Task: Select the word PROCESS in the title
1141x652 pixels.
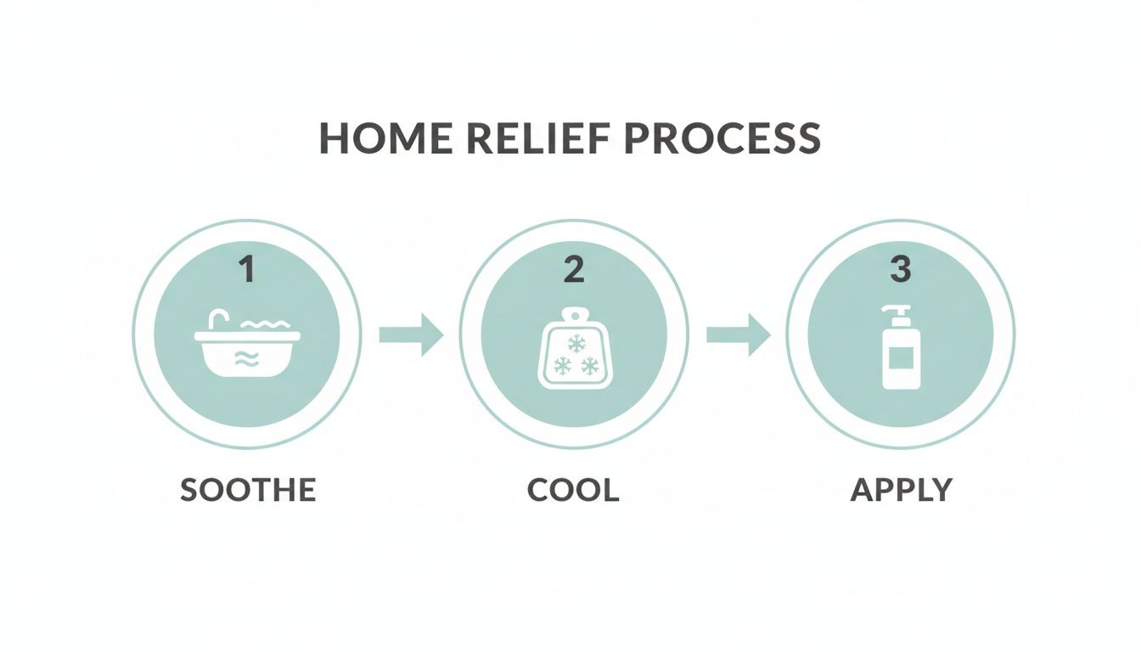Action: coord(722,139)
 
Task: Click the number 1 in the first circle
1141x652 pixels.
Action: coord(246,270)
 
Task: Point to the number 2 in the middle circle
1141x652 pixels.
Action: coord(574,270)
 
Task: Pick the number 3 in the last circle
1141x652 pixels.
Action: coord(900,270)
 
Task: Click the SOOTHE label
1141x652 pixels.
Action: coord(248,490)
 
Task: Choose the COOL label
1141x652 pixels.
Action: coord(573,490)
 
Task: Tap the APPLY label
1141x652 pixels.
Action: coord(901,490)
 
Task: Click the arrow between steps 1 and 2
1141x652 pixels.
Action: coord(411,334)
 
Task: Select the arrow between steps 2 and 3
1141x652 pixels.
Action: coord(738,334)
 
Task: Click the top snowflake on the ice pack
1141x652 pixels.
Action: coord(576,344)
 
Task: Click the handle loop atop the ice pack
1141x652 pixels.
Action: coord(574,315)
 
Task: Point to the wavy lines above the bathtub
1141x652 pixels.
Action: coord(265,324)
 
